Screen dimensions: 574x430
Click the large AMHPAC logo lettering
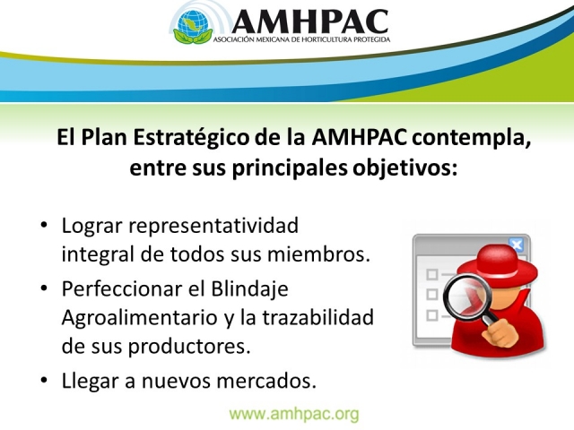309,21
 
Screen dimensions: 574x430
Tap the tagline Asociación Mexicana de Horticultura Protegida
301,39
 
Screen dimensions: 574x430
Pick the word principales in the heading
290,169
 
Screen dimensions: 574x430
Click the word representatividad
213,226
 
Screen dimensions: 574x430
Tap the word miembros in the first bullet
318,254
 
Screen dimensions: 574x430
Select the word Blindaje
249,289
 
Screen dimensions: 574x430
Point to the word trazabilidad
317,317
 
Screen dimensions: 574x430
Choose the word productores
189,347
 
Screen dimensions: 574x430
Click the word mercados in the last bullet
266,381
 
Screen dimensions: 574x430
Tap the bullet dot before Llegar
44,381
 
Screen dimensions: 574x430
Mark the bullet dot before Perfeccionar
44,288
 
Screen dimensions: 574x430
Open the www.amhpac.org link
294,414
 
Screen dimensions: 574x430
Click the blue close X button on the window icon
517,245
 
